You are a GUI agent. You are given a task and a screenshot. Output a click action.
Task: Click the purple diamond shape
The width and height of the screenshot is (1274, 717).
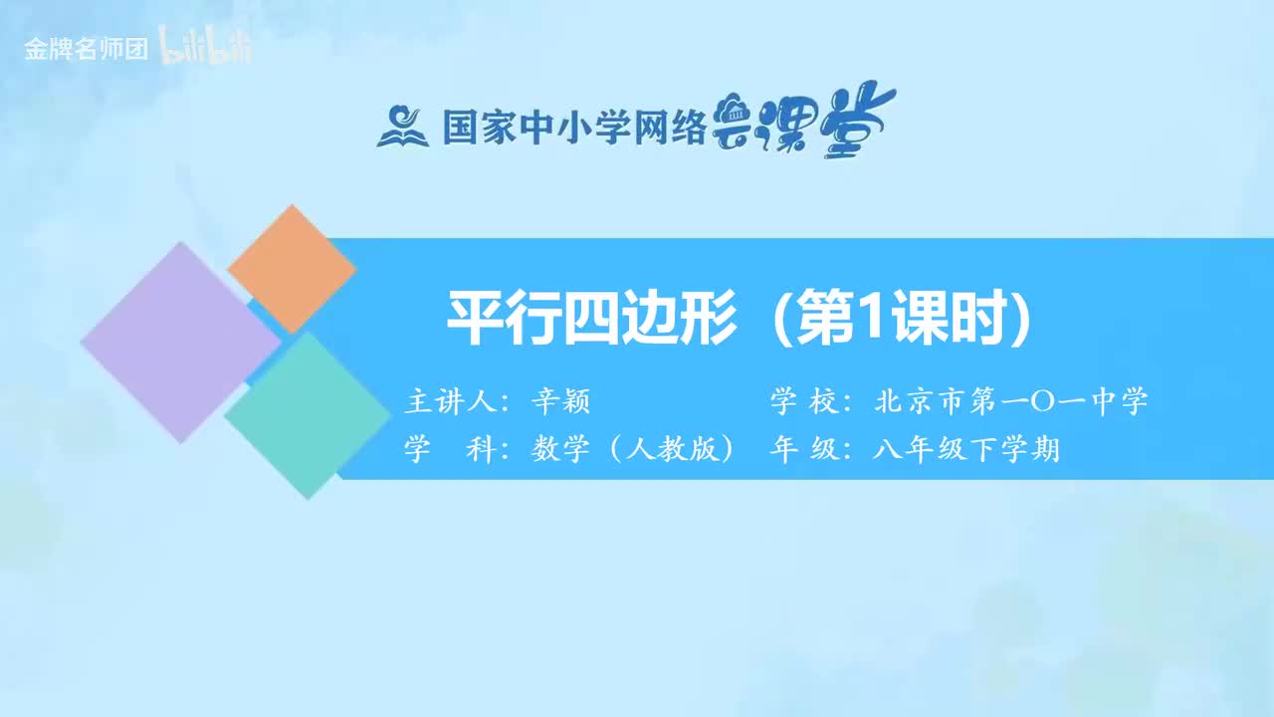tap(180, 342)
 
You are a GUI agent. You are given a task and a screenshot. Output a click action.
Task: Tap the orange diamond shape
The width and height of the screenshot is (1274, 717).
tap(292, 269)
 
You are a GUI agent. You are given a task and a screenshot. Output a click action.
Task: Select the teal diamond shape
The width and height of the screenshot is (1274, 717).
tap(307, 414)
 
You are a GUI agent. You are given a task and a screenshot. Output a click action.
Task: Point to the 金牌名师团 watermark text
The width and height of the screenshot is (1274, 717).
tap(86, 50)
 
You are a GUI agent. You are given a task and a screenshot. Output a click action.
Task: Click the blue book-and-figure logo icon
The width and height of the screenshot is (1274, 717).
tap(401, 126)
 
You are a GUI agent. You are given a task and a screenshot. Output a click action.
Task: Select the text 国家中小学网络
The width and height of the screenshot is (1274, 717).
tap(573, 127)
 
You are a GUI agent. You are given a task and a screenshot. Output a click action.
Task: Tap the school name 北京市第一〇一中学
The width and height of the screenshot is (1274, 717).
tap(1010, 402)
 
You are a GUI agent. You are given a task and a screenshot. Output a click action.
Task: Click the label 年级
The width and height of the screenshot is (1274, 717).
tap(802, 450)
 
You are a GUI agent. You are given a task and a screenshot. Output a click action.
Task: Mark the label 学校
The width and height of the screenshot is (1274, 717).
tap(802, 402)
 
